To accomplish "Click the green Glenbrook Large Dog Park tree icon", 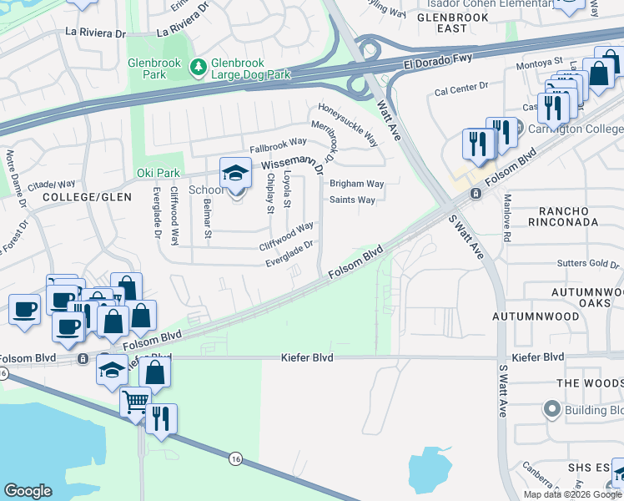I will tap(198, 67).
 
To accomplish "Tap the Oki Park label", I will tap(158, 173).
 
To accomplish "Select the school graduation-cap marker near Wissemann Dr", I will tap(235, 174).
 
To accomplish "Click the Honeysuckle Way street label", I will tap(349, 124).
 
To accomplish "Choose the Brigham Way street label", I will tap(356, 184).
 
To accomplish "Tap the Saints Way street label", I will tap(352, 200).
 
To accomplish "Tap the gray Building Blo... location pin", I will tap(551, 410).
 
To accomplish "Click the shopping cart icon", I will tap(135, 402).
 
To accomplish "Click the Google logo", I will tap(28, 491).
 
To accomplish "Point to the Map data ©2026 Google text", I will tap(571, 494).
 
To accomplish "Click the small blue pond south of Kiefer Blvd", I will tap(430, 467).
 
